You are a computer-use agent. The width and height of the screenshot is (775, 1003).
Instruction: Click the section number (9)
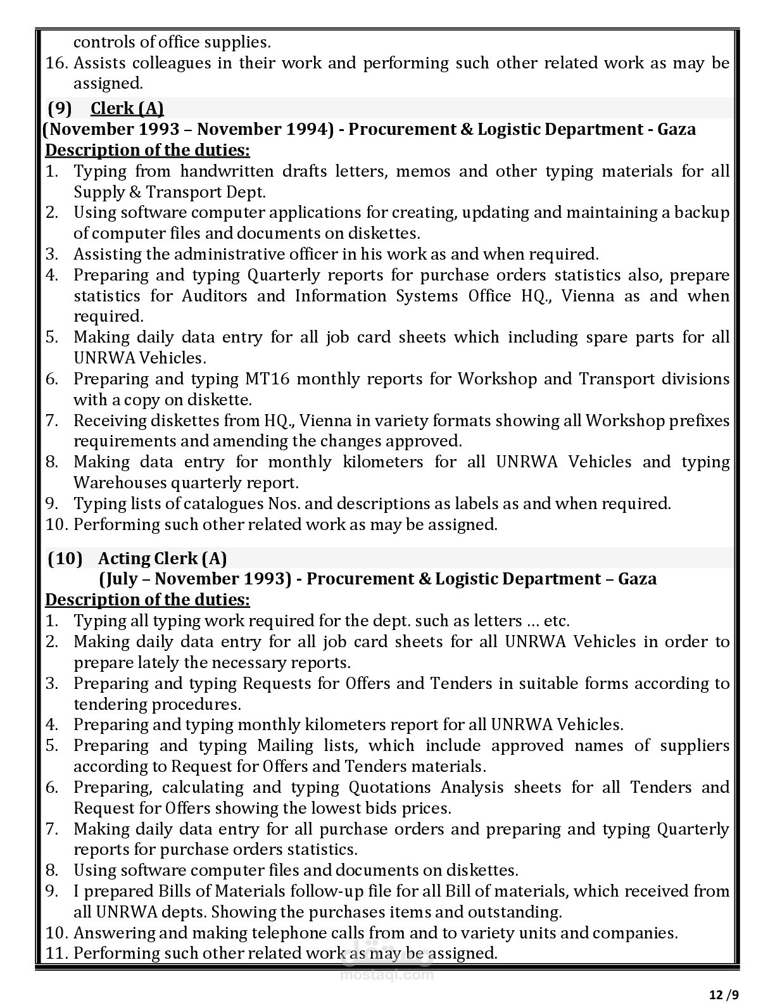click(60, 108)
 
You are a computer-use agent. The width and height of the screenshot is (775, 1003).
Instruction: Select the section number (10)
click(65, 558)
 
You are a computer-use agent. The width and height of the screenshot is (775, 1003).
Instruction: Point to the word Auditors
click(215, 296)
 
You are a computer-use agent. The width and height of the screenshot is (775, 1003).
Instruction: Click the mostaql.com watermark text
click(387, 975)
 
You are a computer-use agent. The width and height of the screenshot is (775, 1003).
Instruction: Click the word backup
click(702, 212)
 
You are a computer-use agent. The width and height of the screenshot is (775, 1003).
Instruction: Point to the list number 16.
click(56, 63)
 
